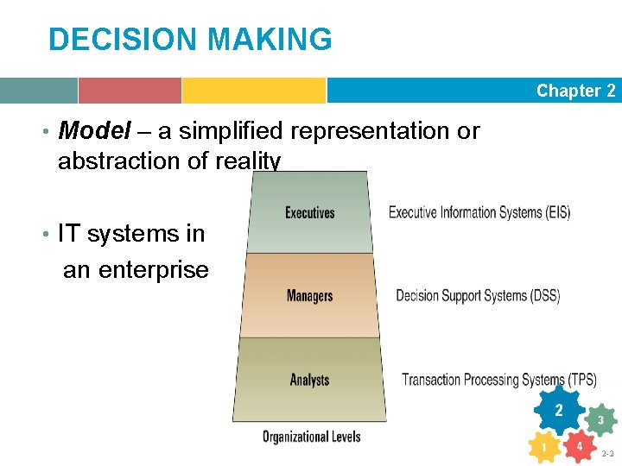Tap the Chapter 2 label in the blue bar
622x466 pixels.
pos(575,91)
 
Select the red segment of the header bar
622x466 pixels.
pos(130,91)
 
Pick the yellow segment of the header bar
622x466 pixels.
pos(253,91)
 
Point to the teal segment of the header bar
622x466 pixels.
pos(38,91)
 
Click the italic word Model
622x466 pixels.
pos(94,131)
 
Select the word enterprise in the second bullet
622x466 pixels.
pos(154,269)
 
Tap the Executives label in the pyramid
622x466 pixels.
pos(309,212)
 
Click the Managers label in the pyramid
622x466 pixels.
pos(309,296)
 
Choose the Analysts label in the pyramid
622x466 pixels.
pos(309,380)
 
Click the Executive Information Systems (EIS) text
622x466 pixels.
pos(479,212)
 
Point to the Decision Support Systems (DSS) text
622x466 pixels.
pos(478,296)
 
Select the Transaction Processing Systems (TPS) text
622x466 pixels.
pos(498,380)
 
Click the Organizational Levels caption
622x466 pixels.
pos(311,437)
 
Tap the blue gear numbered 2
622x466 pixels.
pos(559,410)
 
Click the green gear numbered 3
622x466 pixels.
pos(600,420)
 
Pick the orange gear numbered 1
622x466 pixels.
pos(543,447)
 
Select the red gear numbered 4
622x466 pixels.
pos(579,446)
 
